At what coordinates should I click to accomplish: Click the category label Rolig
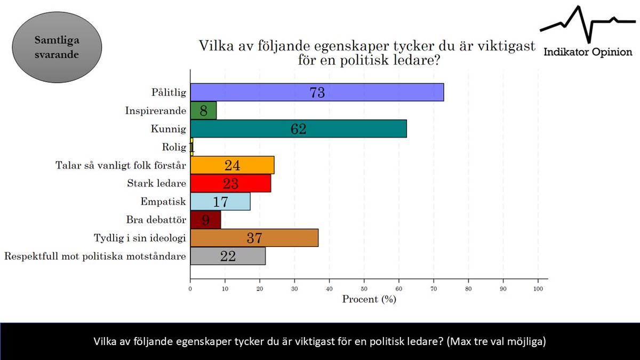click(x=174, y=147)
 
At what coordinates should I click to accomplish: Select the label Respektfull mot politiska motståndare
click(x=95, y=257)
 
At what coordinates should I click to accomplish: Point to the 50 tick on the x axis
click(x=364, y=289)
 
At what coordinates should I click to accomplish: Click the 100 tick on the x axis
click(x=538, y=289)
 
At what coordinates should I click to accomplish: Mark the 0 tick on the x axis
click(x=190, y=289)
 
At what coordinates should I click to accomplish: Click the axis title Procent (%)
click(x=369, y=299)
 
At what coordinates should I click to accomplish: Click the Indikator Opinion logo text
click(x=588, y=52)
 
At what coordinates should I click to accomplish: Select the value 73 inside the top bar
click(x=317, y=93)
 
